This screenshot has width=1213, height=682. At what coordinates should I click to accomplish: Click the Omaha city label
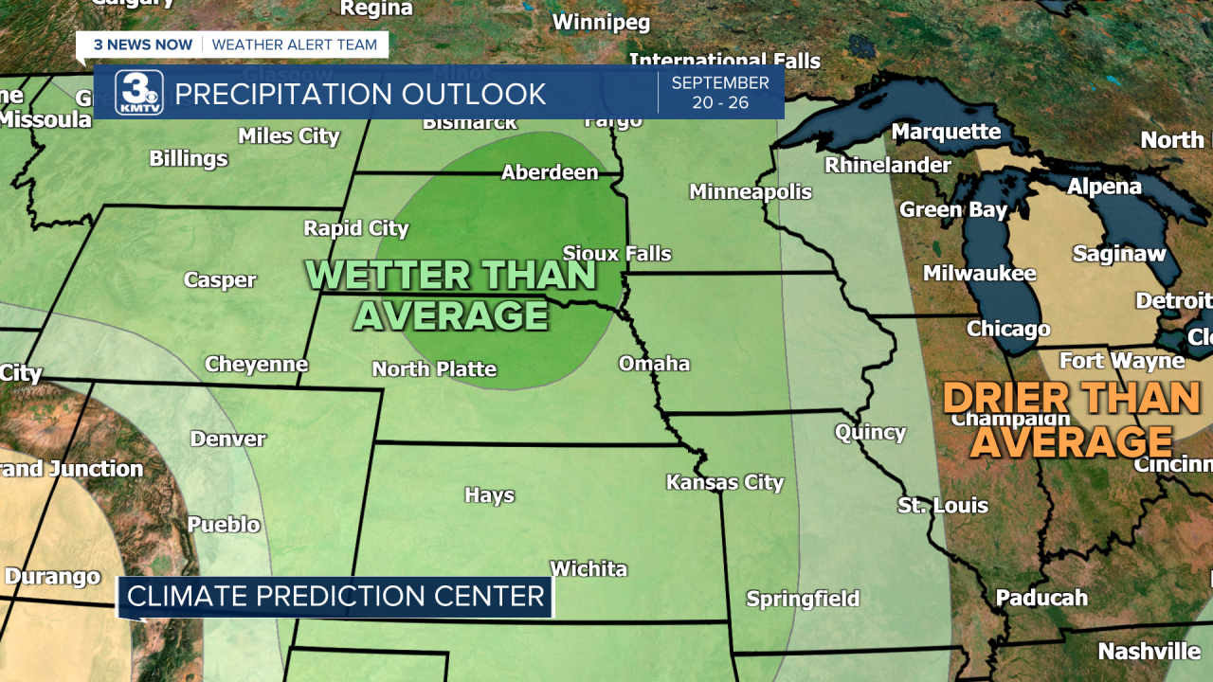pyautogui.click(x=654, y=364)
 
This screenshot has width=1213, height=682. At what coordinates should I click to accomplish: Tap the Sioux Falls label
pyautogui.click(x=617, y=254)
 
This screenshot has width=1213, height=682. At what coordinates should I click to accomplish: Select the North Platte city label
pyautogui.click(x=434, y=369)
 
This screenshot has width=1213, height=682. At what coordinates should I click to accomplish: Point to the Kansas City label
pyautogui.click(x=725, y=482)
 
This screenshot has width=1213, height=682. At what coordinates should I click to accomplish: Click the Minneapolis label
pyautogui.click(x=751, y=192)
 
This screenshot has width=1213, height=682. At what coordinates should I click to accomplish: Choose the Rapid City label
pyautogui.click(x=356, y=228)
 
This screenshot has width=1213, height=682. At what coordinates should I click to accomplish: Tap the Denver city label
pyautogui.click(x=228, y=439)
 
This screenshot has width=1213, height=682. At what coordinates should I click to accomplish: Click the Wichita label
pyautogui.click(x=588, y=569)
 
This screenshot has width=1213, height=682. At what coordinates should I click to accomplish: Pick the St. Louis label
pyautogui.click(x=943, y=506)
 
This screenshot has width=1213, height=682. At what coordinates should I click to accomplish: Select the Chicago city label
pyautogui.click(x=1008, y=330)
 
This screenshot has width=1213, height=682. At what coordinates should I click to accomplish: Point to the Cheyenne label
pyautogui.click(x=257, y=365)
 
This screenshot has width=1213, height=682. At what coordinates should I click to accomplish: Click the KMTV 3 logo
pyautogui.click(x=139, y=93)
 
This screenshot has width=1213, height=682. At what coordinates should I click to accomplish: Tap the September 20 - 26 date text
pyautogui.click(x=720, y=93)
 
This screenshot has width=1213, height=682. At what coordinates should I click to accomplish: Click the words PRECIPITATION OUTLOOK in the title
pyautogui.click(x=360, y=95)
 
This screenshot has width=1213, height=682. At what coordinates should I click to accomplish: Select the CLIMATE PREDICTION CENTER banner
pyautogui.click(x=335, y=597)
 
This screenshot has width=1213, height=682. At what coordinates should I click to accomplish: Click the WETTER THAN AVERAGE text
pyautogui.click(x=451, y=295)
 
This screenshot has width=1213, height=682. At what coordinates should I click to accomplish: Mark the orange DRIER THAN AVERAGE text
pyautogui.click(x=1072, y=420)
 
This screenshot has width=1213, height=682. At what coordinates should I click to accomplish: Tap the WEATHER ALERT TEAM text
pyautogui.click(x=295, y=45)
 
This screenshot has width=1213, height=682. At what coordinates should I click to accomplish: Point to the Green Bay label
pyautogui.click(x=953, y=209)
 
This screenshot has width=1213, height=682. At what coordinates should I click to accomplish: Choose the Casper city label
pyautogui.click(x=220, y=280)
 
